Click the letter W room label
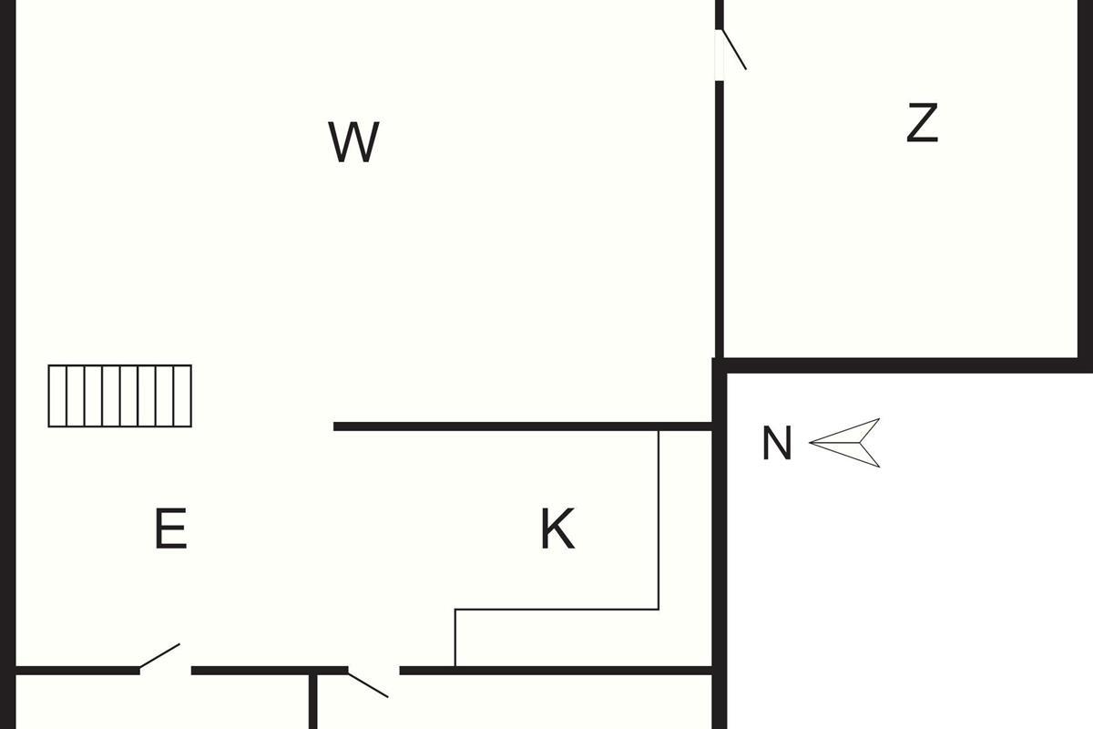[x=353, y=142]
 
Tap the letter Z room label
[x=922, y=123]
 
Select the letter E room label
[x=170, y=529]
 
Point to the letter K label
[x=557, y=529]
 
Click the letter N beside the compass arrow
[x=776, y=445]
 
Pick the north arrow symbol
[x=847, y=443]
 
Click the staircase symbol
[x=120, y=395]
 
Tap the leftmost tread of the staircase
[x=57, y=395]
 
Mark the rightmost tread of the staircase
[x=182, y=395]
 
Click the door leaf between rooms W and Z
[x=733, y=49]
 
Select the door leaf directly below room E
[x=159, y=657]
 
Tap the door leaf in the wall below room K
[x=368, y=683]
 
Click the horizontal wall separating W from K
[x=519, y=426]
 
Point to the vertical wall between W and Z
[x=719, y=219]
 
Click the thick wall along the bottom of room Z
[x=902, y=364]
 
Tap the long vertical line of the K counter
[x=659, y=519]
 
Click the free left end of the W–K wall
[x=337, y=426]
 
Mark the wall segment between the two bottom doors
[x=269, y=671]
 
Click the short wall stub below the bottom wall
[x=312, y=702]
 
